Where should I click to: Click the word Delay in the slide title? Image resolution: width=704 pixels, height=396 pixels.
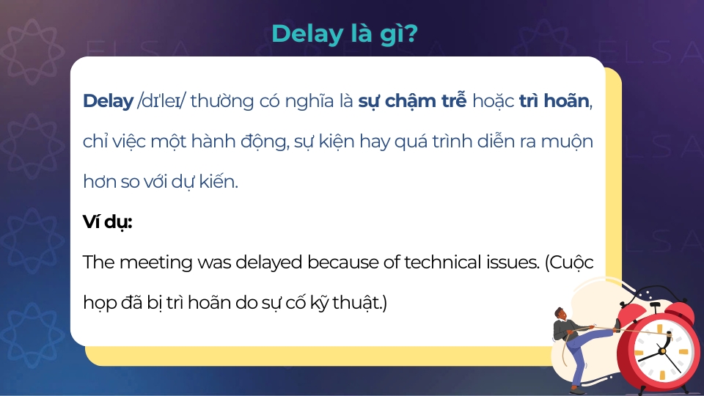[x=302, y=33]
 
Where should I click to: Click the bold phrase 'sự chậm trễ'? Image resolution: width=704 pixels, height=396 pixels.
[x=412, y=101]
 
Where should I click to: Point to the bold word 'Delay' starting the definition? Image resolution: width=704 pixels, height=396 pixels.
[x=108, y=101]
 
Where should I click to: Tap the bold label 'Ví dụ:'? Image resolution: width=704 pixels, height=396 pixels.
[x=107, y=222]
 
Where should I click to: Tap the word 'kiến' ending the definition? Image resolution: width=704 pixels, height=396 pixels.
[x=217, y=181]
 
